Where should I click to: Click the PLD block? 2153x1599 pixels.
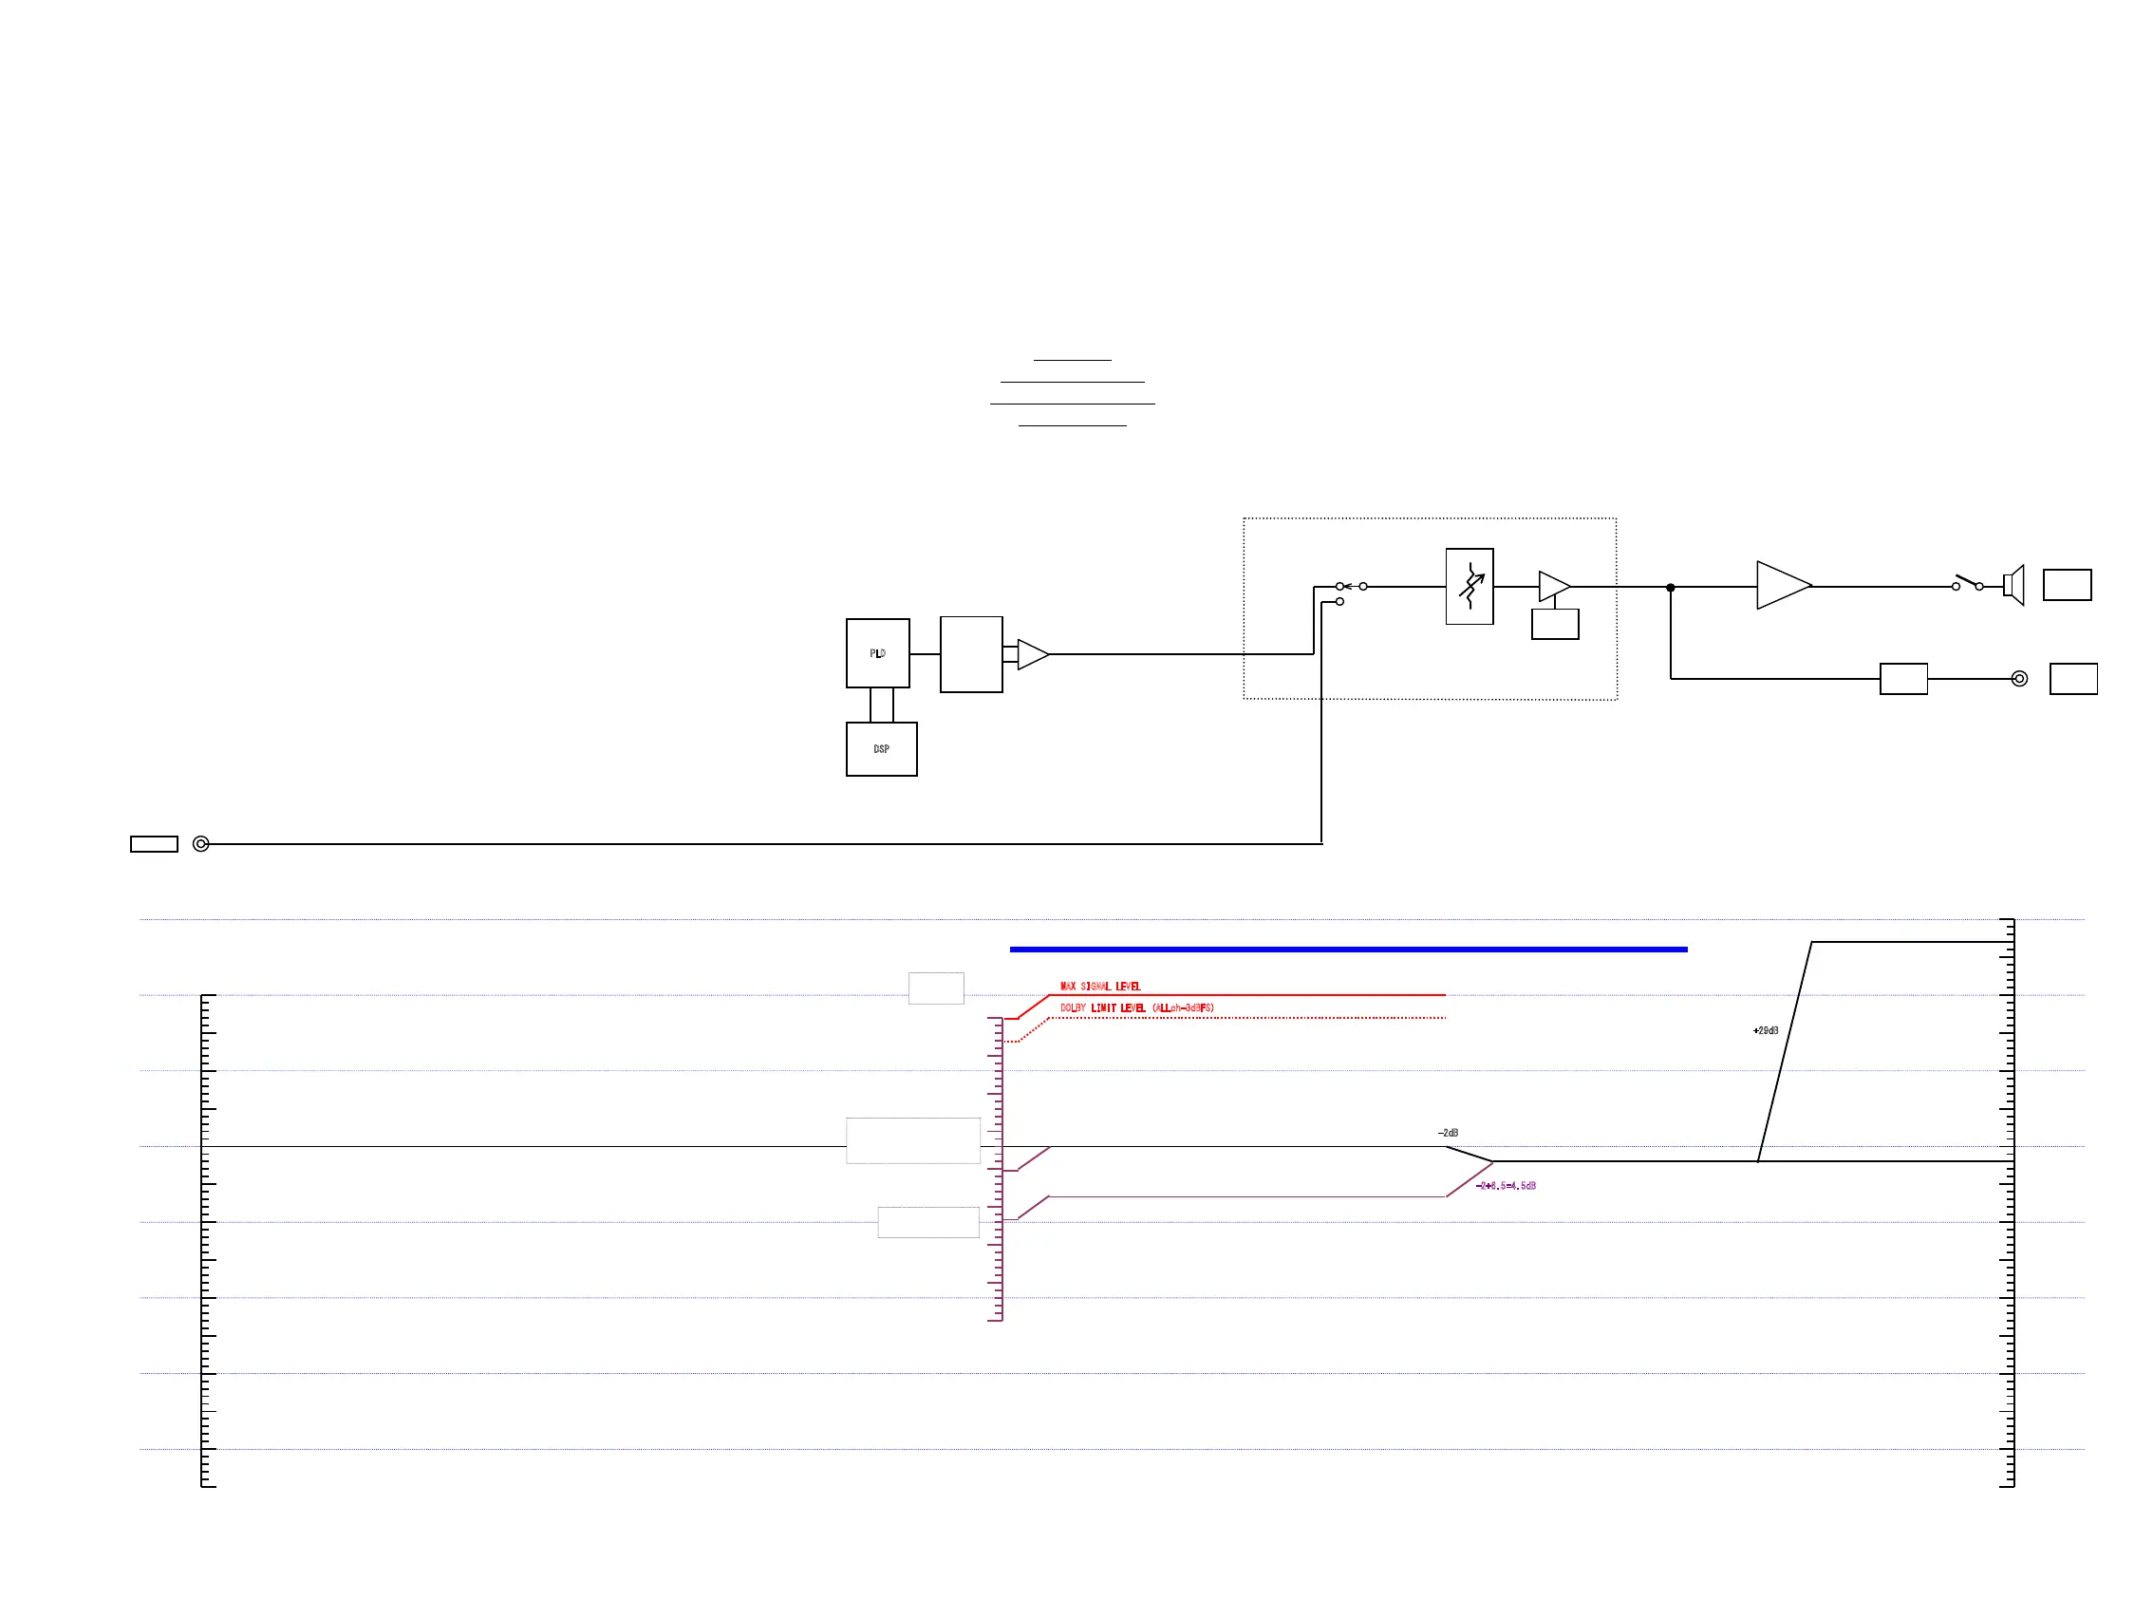(x=877, y=653)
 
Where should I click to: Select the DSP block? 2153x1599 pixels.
(x=881, y=749)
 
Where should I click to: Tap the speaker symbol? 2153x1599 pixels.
(x=2013, y=586)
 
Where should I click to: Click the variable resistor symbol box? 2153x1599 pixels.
(x=1469, y=587)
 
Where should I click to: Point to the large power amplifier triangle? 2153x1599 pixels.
(x=1781, y=586)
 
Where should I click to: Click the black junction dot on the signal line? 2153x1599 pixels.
(x=1670, y=588)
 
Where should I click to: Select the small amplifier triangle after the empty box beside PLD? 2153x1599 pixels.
(x=1032, y=654)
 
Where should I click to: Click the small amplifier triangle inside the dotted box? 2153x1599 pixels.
(x=1553, y=586)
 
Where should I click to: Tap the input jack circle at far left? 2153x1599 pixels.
(x=201, y=844)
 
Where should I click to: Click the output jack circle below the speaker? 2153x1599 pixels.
(x=2018, y=679)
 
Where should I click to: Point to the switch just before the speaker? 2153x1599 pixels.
(x=1967, y=584)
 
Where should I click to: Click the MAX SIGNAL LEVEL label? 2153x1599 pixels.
(x=1100, y=987)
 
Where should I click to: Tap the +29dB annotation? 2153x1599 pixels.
(x=1765, y=1031)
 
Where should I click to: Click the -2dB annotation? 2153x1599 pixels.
(x=1448, y=1133)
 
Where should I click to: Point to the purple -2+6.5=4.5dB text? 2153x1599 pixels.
(x=1506, y=1186)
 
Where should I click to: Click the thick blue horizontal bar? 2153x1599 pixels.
(x=1348, y=950)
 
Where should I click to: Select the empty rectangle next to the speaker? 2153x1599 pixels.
(x=2067, y=585)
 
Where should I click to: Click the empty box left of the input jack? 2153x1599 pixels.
(x=154, y=844)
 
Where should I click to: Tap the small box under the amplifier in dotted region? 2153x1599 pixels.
(x=1555, y=624)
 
